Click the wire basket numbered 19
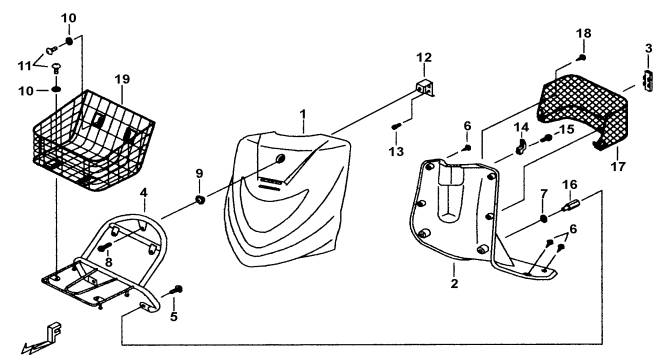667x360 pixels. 94,140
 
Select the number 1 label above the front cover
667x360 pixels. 303,114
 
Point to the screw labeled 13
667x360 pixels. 396,126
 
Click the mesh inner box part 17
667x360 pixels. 583,111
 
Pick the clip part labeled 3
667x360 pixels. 648,80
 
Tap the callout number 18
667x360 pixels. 584,33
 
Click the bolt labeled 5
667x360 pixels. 176,290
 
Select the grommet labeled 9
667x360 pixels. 200,199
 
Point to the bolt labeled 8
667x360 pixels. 105,246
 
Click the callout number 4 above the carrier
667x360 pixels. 144,193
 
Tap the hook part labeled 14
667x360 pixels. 521,146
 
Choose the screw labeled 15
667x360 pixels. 546,138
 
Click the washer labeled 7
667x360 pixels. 543,219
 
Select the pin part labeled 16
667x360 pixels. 570,205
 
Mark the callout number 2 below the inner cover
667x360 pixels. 454,283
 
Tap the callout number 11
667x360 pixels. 24,66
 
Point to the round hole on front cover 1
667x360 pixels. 280,159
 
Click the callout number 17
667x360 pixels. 618,166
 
